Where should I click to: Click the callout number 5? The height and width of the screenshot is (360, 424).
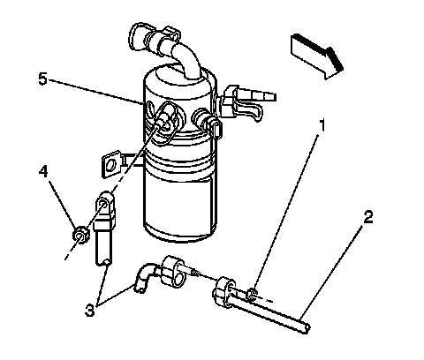coord(43,79)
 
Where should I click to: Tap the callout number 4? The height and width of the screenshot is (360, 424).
coord(43,171)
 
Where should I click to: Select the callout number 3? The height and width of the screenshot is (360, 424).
coord(90,310)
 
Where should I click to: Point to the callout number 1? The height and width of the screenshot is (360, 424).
coord(323,125)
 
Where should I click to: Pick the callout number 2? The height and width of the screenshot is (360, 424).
coord(368,217)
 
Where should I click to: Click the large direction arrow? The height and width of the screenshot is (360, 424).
coord(317,56)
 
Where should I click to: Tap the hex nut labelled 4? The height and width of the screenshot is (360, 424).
coord(80,235)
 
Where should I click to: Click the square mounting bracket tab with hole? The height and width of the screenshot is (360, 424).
coord(111,164)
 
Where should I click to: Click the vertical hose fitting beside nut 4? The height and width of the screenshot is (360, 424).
coord(104,228)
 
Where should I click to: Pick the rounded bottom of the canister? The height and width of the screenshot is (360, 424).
coord(180,232)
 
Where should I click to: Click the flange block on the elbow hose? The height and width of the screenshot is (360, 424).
coord(173,271)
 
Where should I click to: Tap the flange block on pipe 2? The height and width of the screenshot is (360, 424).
coord(223,293)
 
